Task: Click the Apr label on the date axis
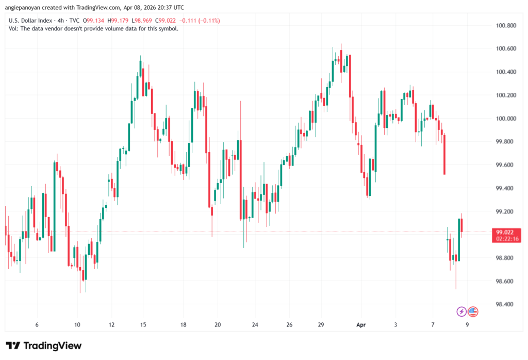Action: [361, 325]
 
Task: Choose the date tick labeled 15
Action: [143, 325]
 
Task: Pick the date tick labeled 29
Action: [321, 325]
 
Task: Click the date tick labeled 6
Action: [37, 325]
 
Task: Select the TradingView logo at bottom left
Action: [44, 346]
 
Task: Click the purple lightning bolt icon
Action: [461, 312]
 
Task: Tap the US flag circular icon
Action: [473, 312]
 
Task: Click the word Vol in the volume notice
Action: [14, 29]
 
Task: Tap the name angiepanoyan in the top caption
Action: [29, 7]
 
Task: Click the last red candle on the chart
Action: [462, 225]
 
